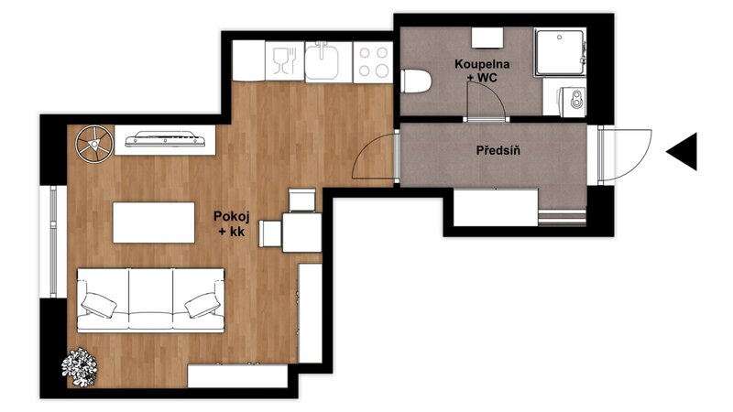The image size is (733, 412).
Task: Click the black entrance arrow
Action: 684,151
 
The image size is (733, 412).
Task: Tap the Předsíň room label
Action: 498,150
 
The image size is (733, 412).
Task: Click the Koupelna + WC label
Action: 482,70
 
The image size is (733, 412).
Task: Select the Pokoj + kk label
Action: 232,223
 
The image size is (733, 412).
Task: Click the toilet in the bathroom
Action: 416,81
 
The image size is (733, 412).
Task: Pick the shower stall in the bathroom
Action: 560,52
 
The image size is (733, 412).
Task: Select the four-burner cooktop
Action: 373,62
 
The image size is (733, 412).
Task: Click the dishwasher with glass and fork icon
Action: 285,61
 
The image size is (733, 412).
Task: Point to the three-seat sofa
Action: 150,300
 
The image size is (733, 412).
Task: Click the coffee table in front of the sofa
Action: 154,222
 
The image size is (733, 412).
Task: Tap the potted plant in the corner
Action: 80,367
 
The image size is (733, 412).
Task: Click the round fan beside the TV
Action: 95,145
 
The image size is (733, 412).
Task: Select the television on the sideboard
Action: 165,139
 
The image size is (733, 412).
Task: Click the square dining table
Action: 302,233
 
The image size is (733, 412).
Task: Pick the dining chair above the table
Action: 302,200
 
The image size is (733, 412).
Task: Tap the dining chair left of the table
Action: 270,233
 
